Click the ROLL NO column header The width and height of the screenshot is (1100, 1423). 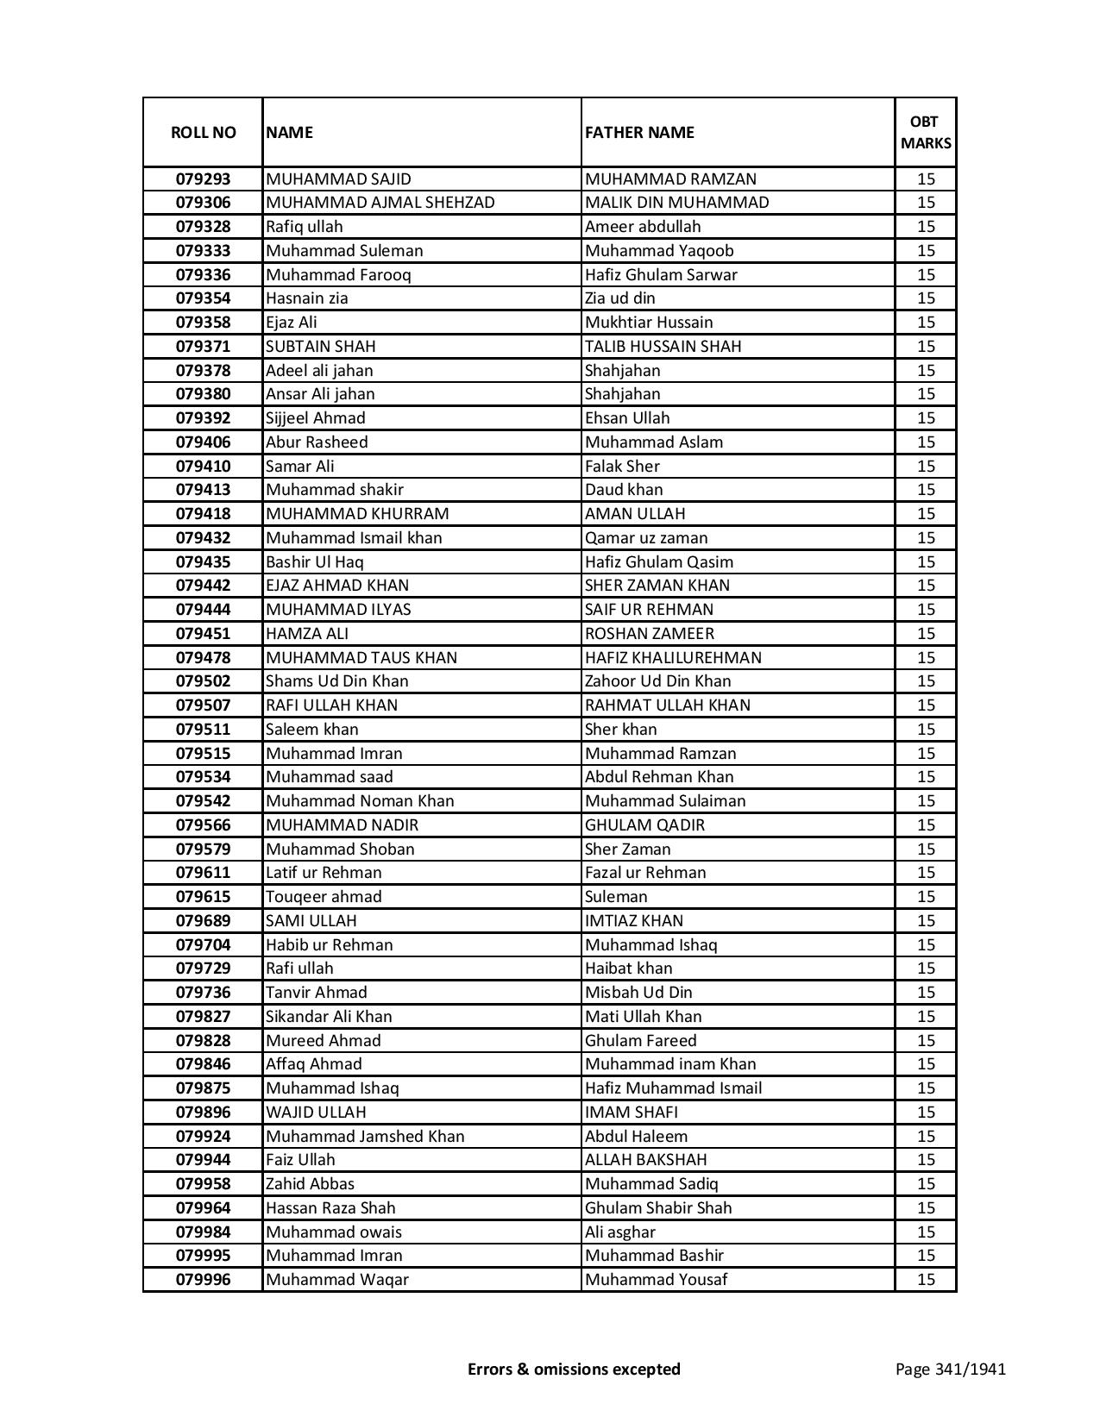pyautogui.click(x=203, y=132)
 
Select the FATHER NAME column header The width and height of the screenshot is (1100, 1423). pyautogui.click(x=639, y=132)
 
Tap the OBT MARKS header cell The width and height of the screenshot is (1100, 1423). pyautogui.click(x=925, y=132)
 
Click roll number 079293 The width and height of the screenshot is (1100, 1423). pyautogui.click(x=203, y=179)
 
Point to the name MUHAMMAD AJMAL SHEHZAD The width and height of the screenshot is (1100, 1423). pyautogui.click(x=380, y=203)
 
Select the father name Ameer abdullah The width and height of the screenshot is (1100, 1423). pyautogui.click(x=643, y=227)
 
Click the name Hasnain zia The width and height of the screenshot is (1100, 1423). pyautogui.click(x=307, y=298)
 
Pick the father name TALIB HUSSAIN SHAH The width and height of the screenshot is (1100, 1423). pyautogui.click(x=663, y=347)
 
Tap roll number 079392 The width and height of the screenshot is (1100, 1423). pyautogui.click(x=203, y=418)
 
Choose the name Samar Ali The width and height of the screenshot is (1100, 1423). pyautogui.click(x=300, y=467)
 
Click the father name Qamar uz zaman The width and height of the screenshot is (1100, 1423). pyautogui.click(x=646, y=538)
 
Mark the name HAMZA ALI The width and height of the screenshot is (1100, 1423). pyautogui.click(x=307, y=634)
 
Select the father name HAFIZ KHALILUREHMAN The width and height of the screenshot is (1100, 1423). pyautogui.click(x=673, y=658)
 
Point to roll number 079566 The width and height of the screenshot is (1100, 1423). pyautogui.click(x=203, y=825)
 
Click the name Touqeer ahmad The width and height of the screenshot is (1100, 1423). pyautogui.click(x=324, y=897)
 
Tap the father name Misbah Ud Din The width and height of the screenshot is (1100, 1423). pyautogui.click(x=638, y=993)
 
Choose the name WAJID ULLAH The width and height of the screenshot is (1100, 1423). pyautogui.click(x=316, y=1113)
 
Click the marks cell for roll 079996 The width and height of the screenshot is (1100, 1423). pyautogui.click(x=926, y=1280)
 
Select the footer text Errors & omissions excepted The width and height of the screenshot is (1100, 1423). pyautogui.click(x=574, y=1369)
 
